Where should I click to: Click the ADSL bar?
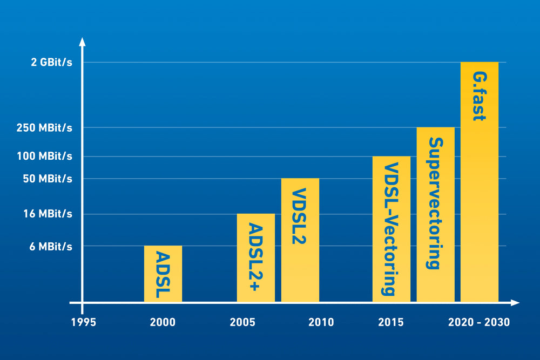(x=163, y=274)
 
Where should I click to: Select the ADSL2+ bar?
(x=256, y=257)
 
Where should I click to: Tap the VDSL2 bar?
(x=300, y=240)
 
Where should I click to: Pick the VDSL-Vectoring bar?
(x=391, y=229)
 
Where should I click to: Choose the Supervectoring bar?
(x=435, y=214)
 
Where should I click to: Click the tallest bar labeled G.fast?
(x=480, y=182)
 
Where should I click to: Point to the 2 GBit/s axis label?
(x=51, y=63)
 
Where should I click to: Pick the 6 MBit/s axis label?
(x=51, y=247)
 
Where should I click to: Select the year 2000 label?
(x=163, y=323)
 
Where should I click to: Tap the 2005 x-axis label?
(x=242, y=323)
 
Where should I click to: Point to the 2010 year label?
(x=321, y=323)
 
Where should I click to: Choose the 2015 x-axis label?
(x=391, y=323)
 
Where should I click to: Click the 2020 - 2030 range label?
(x=479, y=323)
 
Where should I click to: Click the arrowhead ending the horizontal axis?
(x=515, y=303)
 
